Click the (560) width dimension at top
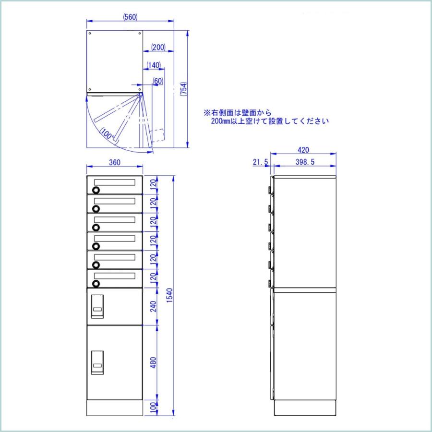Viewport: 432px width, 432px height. click(130, 17)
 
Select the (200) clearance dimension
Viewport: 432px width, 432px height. click(158, 47)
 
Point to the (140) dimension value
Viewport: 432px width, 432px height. click(154, 65)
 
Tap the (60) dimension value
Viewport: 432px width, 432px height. click(158, 81)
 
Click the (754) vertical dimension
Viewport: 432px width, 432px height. click(183, 90)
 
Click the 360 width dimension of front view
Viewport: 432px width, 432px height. click(114, 163)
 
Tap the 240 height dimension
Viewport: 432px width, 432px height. click(152, 306)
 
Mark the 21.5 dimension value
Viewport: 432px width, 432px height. click(260, 162)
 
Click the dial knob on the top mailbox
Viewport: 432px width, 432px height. click(96, 190)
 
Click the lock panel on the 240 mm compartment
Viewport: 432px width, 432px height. click(97, 306)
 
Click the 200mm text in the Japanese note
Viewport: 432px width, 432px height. click(222, 121)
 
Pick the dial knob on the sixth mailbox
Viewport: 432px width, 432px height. click(96, 283)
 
